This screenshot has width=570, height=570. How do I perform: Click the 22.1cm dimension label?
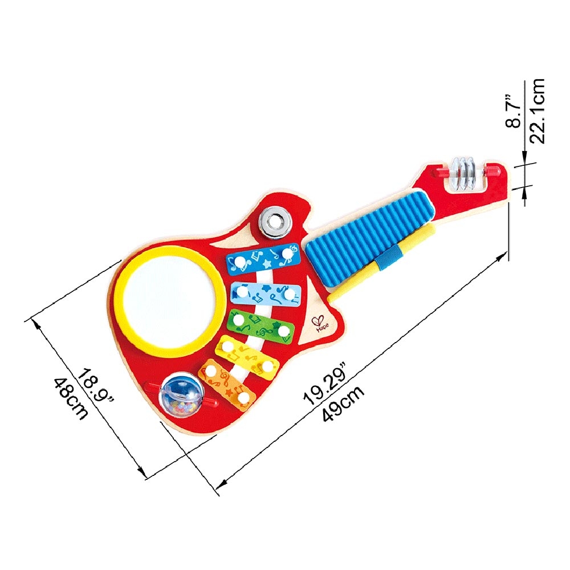(537, 111)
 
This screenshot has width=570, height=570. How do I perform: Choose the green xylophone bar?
(260, 325)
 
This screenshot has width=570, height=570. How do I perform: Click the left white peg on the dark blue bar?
(239, 262)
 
